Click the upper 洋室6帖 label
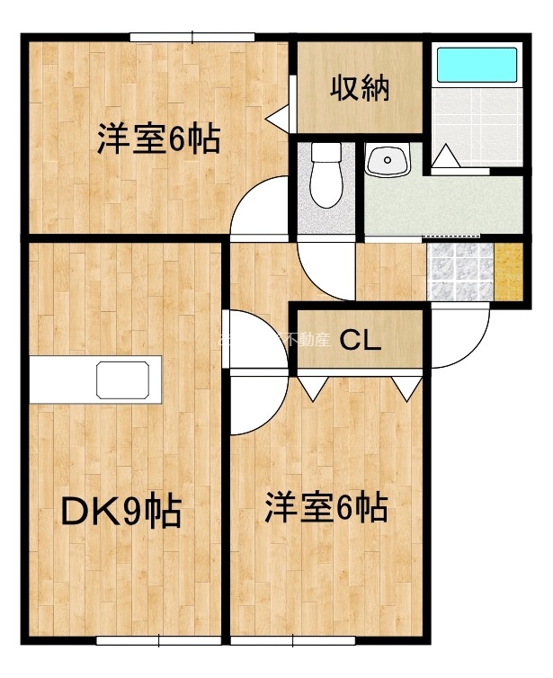click(x=158, y=140)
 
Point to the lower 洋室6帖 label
click(x=326, y=509)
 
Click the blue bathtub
click(x=477, y=66)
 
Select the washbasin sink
click(x=388, y=161)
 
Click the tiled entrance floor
click(x=459, y=272)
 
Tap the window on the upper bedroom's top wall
click(x=192, y=37)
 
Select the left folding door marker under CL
click(x=312, y=388)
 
